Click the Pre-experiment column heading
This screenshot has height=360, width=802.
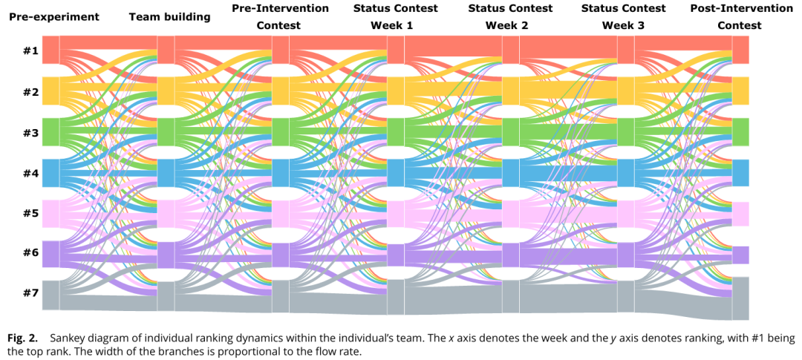(54, 16)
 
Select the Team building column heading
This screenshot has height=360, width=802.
(169, 16)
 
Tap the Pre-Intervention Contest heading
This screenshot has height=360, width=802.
(280, 16)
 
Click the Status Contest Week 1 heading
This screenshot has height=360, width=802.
(394, 16)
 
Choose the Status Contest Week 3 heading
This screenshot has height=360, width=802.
(625, 16)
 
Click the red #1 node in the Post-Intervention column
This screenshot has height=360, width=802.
(740, 50)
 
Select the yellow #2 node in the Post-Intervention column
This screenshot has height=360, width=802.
(740, 91)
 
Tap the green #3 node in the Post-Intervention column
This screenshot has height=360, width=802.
(740, 132)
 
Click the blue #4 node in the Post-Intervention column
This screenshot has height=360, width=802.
(740, 173)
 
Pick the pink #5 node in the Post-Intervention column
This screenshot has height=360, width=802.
(740, 214)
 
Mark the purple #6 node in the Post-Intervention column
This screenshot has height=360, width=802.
(740, 255)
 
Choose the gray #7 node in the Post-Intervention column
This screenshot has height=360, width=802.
(740, 298)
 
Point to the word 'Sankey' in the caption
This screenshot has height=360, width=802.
(66, 336)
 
